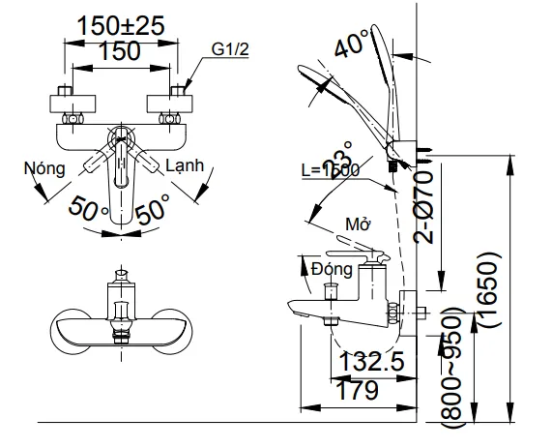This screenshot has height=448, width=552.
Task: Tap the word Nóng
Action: tap(45, 166)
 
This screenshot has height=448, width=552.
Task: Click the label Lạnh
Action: tap(185, 165)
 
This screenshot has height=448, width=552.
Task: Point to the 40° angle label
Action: tap(351, 44)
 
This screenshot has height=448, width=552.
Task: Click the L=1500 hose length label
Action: tap(330, 169)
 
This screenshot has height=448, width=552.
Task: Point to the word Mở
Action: tap(359, 224)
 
